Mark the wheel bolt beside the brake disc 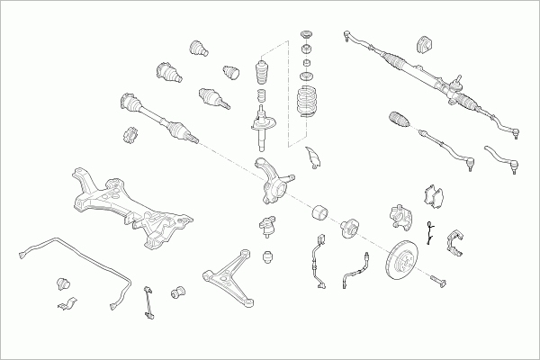pyautogui.click(x=438, y=281)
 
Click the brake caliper pyautogui.click(x=399, y=215)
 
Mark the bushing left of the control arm pyautogui.click(x=178, y=290)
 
